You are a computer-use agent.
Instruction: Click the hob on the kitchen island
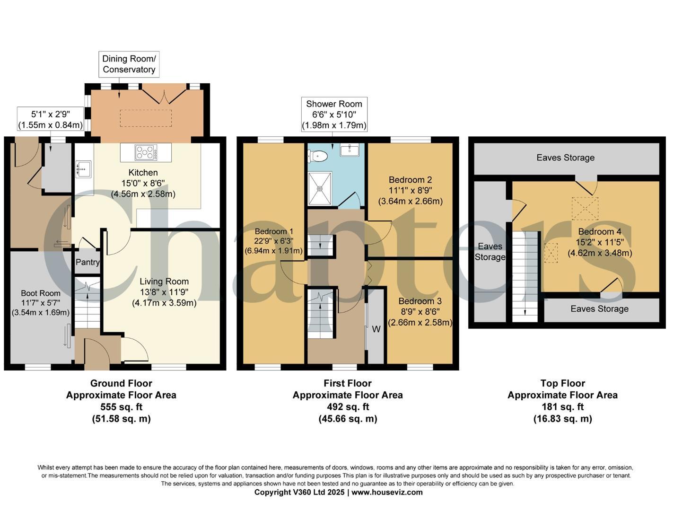[x=146, y=152]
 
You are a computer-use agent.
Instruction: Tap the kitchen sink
[x=83, y=169]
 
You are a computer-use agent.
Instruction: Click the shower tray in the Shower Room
[x=320, y=188]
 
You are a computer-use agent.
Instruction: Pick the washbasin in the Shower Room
[x=350, y=150]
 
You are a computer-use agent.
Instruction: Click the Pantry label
[x=87, y=262]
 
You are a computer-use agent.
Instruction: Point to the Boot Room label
[x=41, y=293]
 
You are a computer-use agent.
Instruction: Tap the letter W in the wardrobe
[x=376, y=329]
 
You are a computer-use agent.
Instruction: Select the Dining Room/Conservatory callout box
[x=129, y=64]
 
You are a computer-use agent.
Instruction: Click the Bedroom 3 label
[x=420, y=301]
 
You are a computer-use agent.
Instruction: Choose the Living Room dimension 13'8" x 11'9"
[x=164, y=292]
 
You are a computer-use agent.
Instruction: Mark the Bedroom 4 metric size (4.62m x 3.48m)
[x=600, y=253]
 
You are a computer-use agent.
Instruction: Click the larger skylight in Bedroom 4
[x=585, y=209]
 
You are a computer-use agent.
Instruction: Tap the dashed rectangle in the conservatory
[x=146, y=118]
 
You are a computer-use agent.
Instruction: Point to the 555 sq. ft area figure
[x=121, y=406]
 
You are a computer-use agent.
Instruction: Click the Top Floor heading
[x=562, y=383]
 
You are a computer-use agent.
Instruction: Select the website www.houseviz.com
[x=387, y=492]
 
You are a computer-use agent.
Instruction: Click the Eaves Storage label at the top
[x=565, y=158]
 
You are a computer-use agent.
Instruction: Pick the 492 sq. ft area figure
[x=348, y=406]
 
